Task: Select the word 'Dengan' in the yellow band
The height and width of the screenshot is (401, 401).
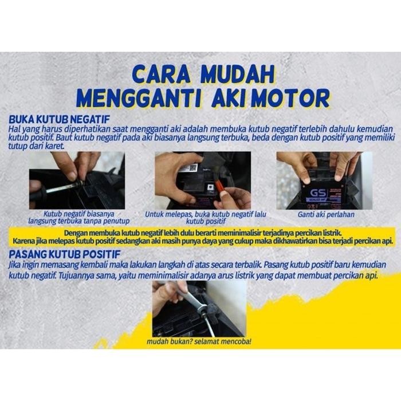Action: click(x=78, y=234)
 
